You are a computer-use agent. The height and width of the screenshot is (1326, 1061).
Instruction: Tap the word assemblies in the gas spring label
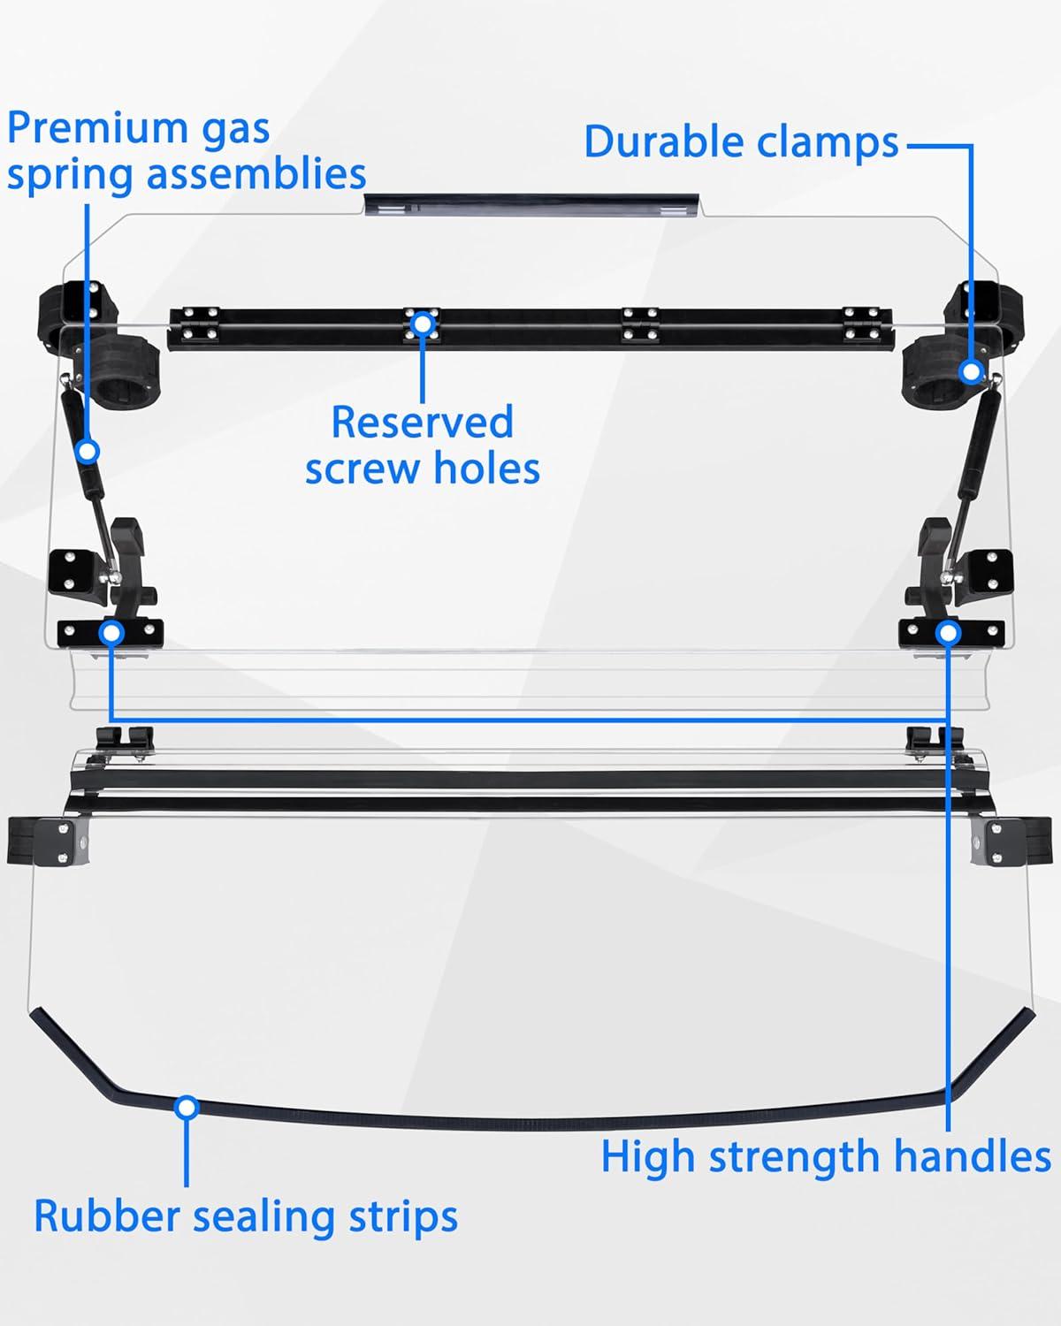point(256,174)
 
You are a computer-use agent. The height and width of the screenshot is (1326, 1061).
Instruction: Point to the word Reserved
point(422,422)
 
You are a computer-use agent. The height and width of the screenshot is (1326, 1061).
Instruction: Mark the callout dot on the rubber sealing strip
point(187,1107)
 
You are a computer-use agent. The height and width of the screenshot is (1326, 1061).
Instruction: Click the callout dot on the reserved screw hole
point(423,324)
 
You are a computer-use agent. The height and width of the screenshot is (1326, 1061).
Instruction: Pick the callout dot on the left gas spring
point(87,452)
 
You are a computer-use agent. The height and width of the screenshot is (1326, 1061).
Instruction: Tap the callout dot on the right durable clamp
point(972,371)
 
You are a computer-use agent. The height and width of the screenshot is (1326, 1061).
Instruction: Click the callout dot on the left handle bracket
point(111,632)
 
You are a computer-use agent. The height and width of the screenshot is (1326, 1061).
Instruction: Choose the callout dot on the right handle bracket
point(949,632)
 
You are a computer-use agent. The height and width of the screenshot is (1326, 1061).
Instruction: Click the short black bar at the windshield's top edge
point(531,204)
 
